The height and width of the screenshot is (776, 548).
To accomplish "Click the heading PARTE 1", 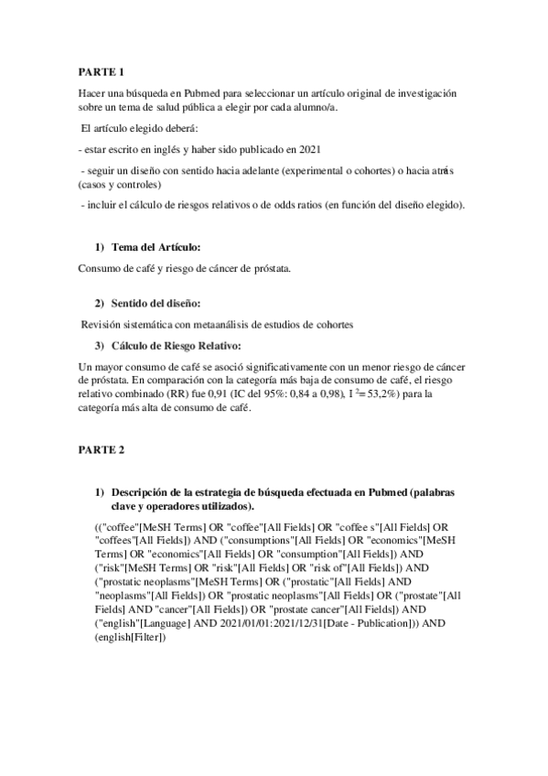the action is tap(101, 71).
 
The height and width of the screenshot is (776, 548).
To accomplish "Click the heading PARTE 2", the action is tap(101, 450).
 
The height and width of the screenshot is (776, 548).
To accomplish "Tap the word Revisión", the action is tap(103, 325).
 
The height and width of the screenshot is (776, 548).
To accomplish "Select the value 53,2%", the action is tap(362, 395).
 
